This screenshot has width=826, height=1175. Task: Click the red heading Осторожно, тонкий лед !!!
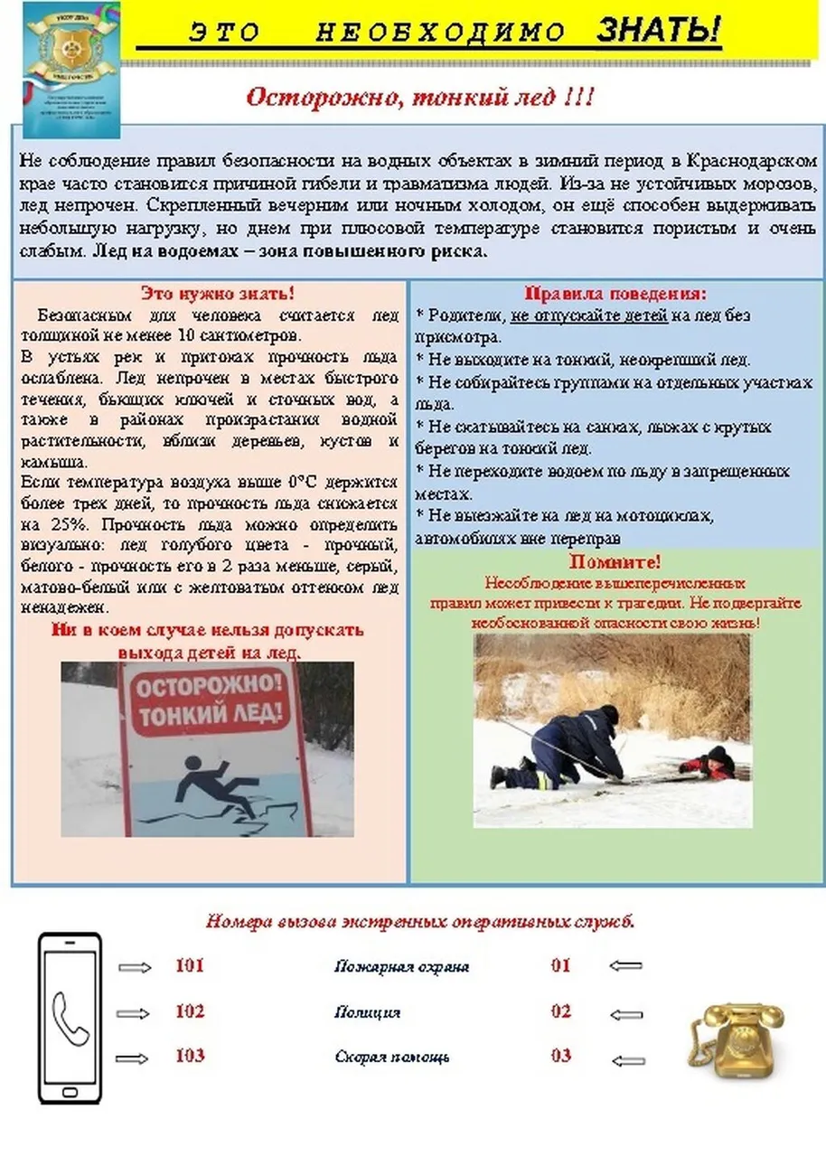pos(419,97)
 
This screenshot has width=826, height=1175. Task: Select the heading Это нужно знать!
pos(217,295)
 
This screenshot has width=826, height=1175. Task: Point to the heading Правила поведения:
pos(615,295)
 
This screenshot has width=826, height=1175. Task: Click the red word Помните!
pos(615,562)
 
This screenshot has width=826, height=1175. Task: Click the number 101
pos(190,966)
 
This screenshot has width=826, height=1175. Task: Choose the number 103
pos(190,1056)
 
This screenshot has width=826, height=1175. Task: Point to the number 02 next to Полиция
pos(561,1011)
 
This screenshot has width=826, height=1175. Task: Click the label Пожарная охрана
pos(401,967)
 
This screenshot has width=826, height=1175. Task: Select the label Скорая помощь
pos(392,1057)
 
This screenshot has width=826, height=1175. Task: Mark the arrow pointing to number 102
pos(136,1012)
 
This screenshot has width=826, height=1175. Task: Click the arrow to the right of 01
pos(625,966)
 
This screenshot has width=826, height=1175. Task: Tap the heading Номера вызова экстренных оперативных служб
pos(420,923)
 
